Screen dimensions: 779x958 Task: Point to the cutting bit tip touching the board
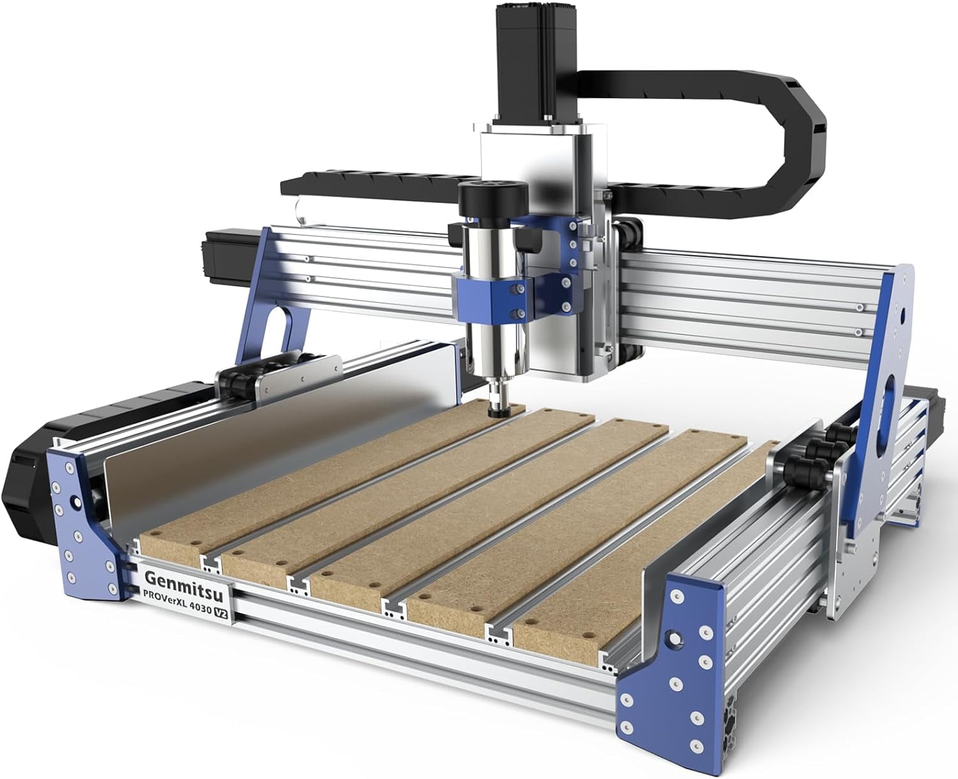tap(495, 414)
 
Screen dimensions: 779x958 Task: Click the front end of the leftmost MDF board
tap(169, 548)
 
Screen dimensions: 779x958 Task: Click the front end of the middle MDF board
tap(345, 587)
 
